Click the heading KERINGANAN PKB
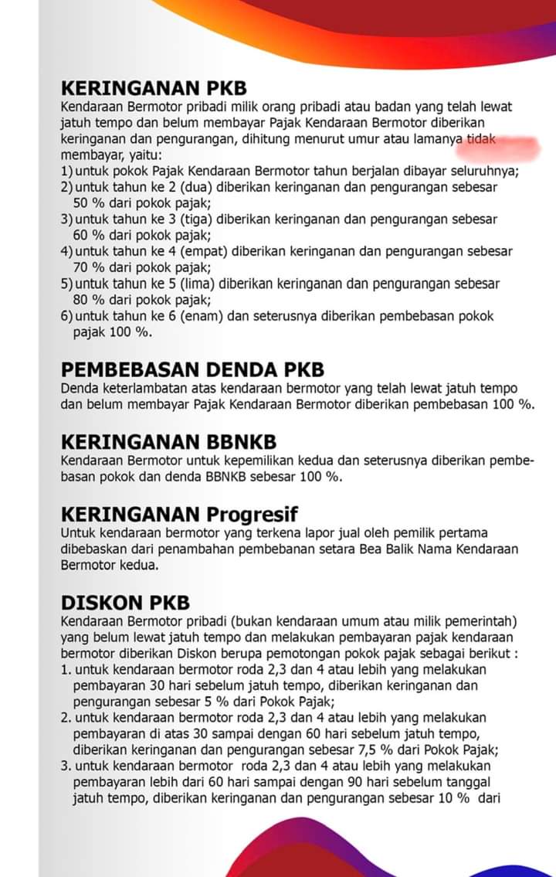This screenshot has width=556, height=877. coord(154,89)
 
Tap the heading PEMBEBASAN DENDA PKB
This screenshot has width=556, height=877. coord(192,370)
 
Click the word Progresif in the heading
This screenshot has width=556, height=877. coord(252,514)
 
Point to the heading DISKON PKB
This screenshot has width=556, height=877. coord(125,603)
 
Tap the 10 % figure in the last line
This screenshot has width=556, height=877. coord(454,798)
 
